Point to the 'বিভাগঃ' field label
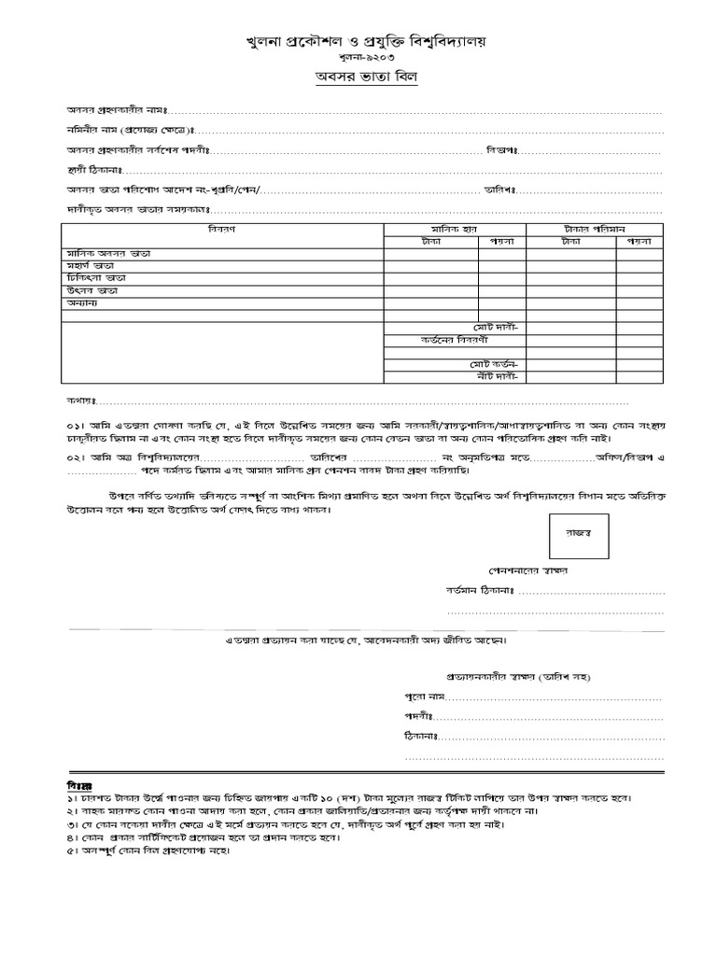pos(501,150)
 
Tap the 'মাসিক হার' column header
pos(455,229)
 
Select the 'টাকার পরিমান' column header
pos(595,229)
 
